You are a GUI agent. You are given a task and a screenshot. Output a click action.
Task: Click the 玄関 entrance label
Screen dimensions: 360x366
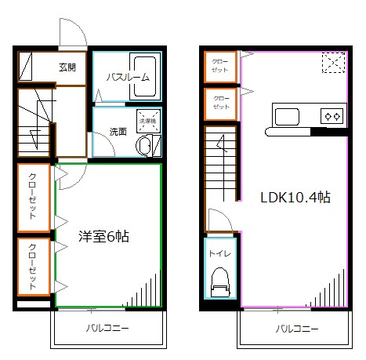click(67, 67)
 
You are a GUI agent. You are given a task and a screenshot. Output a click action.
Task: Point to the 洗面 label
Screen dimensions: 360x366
click(118, 131)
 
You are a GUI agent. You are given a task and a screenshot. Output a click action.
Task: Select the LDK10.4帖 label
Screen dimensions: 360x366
click(294, 197)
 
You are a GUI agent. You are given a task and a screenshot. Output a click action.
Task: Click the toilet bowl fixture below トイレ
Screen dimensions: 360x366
click(219, 280)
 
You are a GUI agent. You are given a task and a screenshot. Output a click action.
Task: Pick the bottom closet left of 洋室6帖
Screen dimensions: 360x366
click(34, 267)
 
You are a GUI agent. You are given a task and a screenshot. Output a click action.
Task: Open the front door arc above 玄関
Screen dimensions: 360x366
click(74, 33)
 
